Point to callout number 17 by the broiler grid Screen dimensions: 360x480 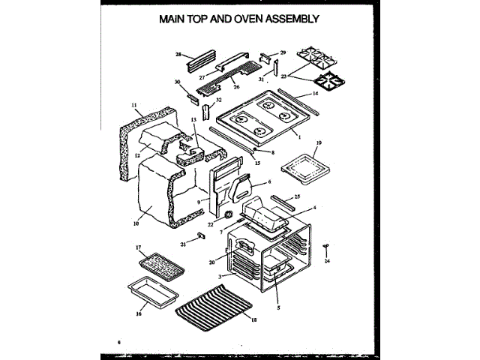(138, 247)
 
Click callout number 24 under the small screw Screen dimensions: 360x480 (327, 262)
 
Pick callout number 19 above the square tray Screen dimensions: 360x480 (318, 142)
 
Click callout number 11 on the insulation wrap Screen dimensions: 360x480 (134, 106)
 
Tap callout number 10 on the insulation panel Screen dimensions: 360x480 (136, 223)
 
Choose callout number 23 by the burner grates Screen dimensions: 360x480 (284, 76)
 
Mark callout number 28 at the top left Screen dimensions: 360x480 (178, 55)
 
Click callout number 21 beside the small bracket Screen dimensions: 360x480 (182, 244)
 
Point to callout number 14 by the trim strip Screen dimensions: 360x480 (316, 94)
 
